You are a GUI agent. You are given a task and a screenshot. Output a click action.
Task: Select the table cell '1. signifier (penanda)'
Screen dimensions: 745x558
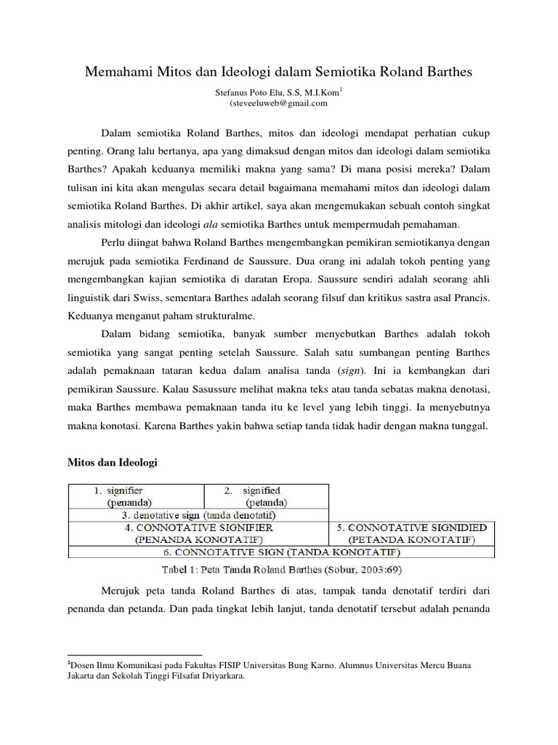point(136,496)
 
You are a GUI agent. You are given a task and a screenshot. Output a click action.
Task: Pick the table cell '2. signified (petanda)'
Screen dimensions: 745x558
point(266,496)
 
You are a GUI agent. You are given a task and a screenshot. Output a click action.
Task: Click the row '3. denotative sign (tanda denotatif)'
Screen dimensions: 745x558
point(198,514)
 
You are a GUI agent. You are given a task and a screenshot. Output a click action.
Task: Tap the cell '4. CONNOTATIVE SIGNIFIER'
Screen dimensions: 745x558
point(198,533)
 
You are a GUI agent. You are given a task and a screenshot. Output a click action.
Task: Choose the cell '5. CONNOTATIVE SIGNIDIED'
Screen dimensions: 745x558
point(412,533)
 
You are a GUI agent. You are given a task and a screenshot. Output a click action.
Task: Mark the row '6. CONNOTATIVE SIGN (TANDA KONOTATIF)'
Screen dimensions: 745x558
point(282,552)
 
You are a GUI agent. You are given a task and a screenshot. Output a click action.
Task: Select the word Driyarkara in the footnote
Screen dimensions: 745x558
point(219,675)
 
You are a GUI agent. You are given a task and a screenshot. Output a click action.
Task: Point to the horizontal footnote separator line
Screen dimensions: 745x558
point(134,655)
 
